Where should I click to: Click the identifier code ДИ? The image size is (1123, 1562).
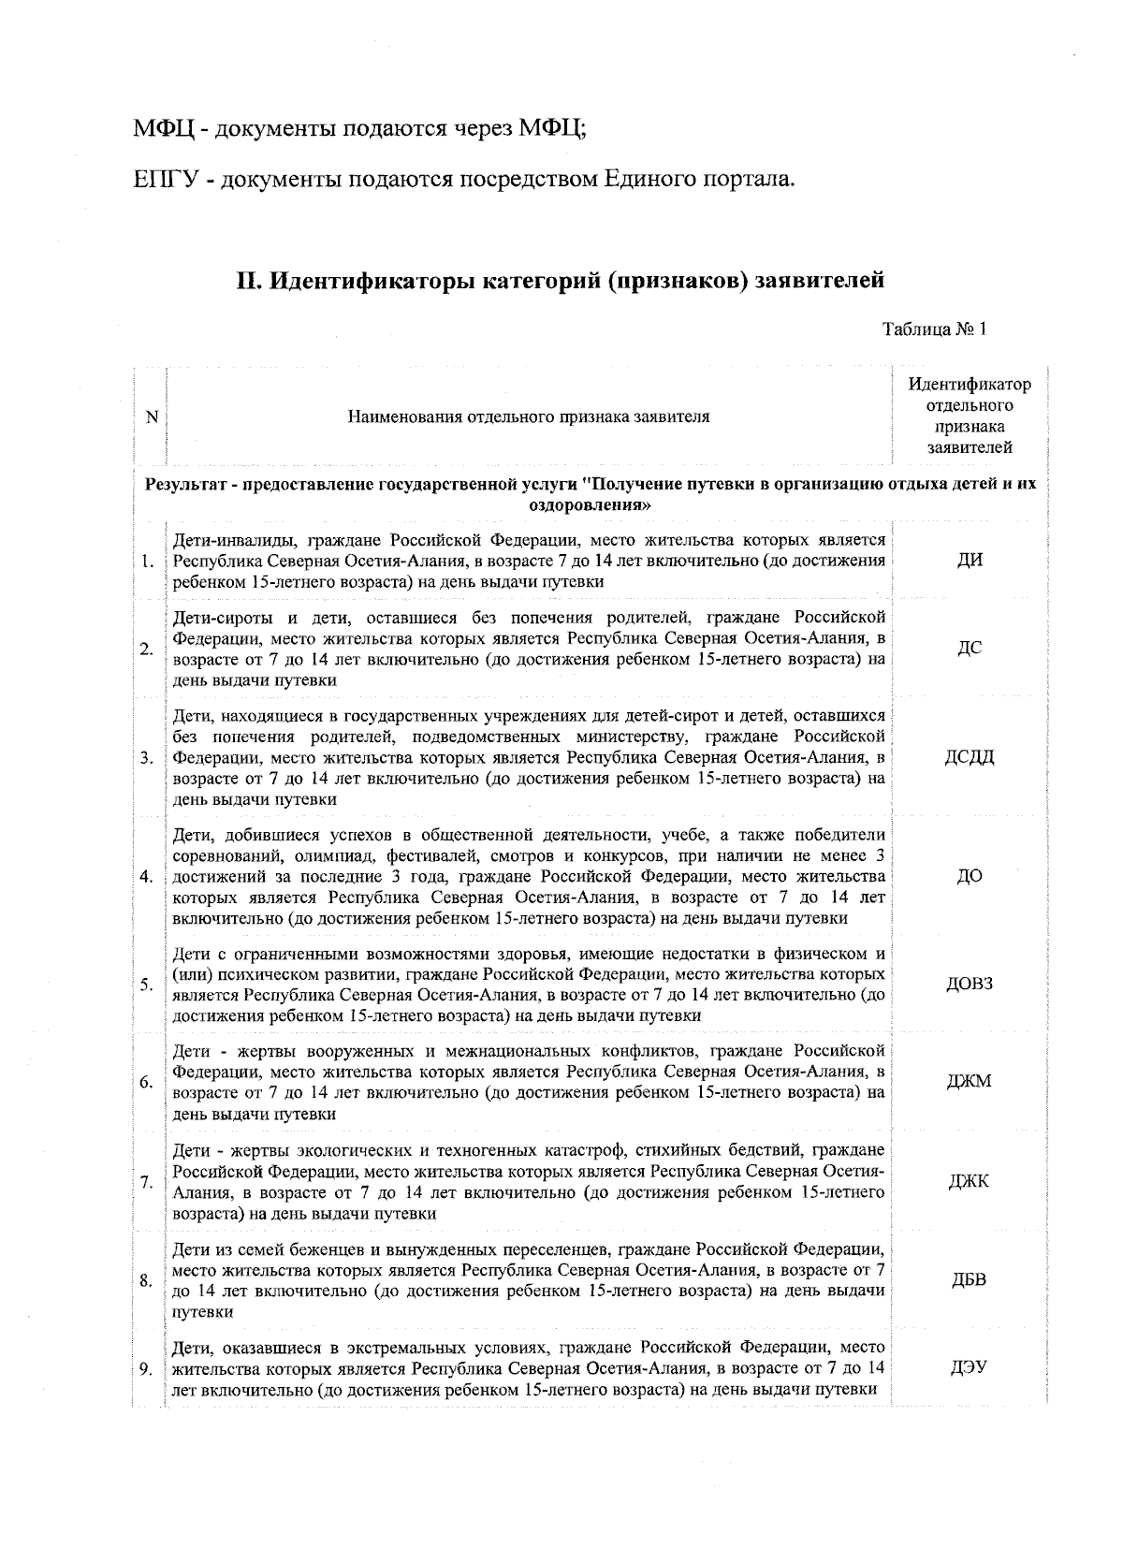[x=970, y=561]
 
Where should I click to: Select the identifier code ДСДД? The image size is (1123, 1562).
[x=970, y=757]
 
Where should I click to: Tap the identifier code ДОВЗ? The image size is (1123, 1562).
[x=970, y=984]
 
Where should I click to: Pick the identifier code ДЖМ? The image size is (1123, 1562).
[x=970, y=1082]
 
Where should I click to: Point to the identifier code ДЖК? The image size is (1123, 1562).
[x=970, y=1181]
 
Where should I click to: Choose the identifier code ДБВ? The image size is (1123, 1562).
[x=970, y=1279]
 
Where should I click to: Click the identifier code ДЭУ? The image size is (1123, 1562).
[x=970, y=1368]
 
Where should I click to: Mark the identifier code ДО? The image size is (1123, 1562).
[x=970, y=876]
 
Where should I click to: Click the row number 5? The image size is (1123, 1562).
[x=147, y=985]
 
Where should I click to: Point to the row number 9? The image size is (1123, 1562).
[x=147, y=1369]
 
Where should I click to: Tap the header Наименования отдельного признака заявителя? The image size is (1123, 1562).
[x=528, y=417]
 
